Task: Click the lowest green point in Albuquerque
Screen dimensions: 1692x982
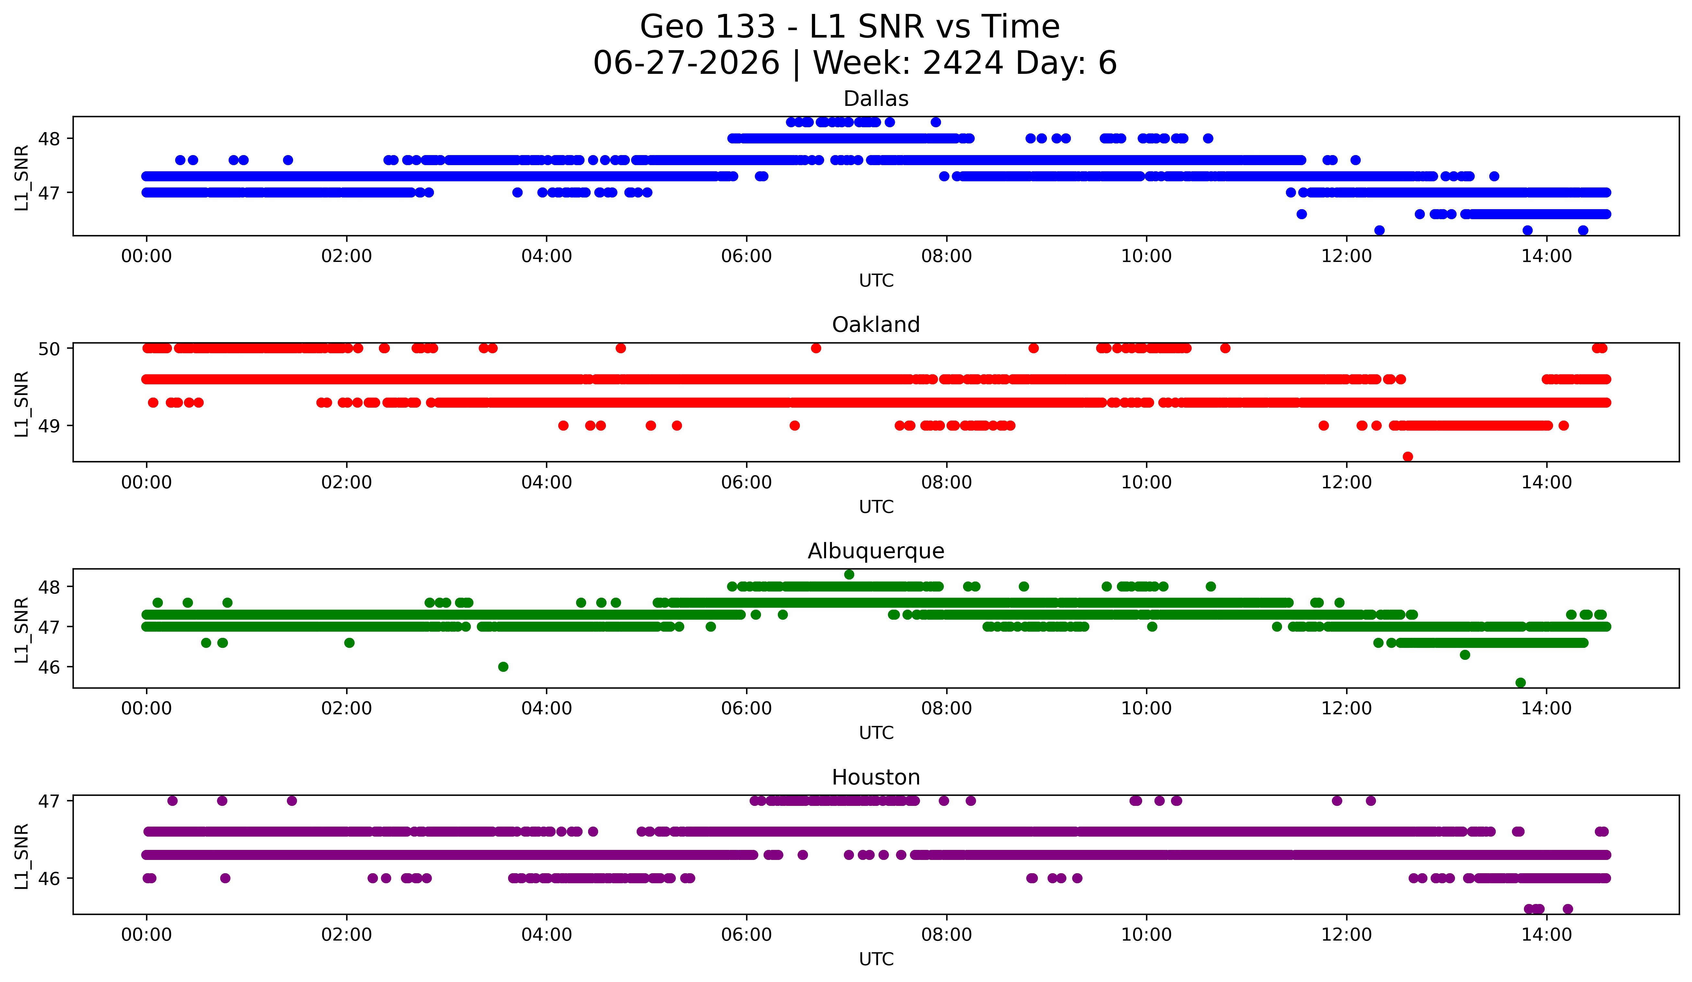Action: pos(1521,683)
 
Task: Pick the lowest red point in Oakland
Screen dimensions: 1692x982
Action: pos(1408,457)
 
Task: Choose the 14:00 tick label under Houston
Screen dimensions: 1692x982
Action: pos(1546,934)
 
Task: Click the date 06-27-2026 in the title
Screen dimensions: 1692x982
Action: pos(686,63)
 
